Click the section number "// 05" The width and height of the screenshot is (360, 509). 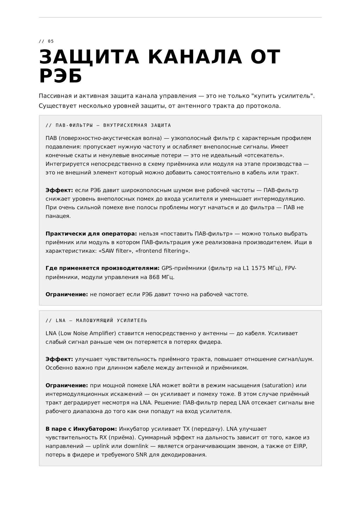click(46, 41)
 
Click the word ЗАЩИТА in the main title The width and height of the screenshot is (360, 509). click(89, 57)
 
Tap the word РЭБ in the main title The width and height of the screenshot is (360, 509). click(61, 76)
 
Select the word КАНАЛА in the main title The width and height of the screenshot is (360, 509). click(195, 57)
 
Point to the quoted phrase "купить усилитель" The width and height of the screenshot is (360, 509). click(283, 96)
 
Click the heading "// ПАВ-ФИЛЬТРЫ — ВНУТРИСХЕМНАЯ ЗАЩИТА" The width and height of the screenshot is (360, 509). click(108, 125)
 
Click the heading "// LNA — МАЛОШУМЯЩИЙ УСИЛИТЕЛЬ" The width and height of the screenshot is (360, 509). click(96, 320)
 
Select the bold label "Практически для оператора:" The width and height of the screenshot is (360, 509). click(91, 234)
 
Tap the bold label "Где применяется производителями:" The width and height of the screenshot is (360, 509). click(102, 268)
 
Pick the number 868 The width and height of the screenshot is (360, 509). click(155, 277)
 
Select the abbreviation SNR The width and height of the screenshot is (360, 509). click(142, 455)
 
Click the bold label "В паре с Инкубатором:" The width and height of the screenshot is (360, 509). click(81, 429)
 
